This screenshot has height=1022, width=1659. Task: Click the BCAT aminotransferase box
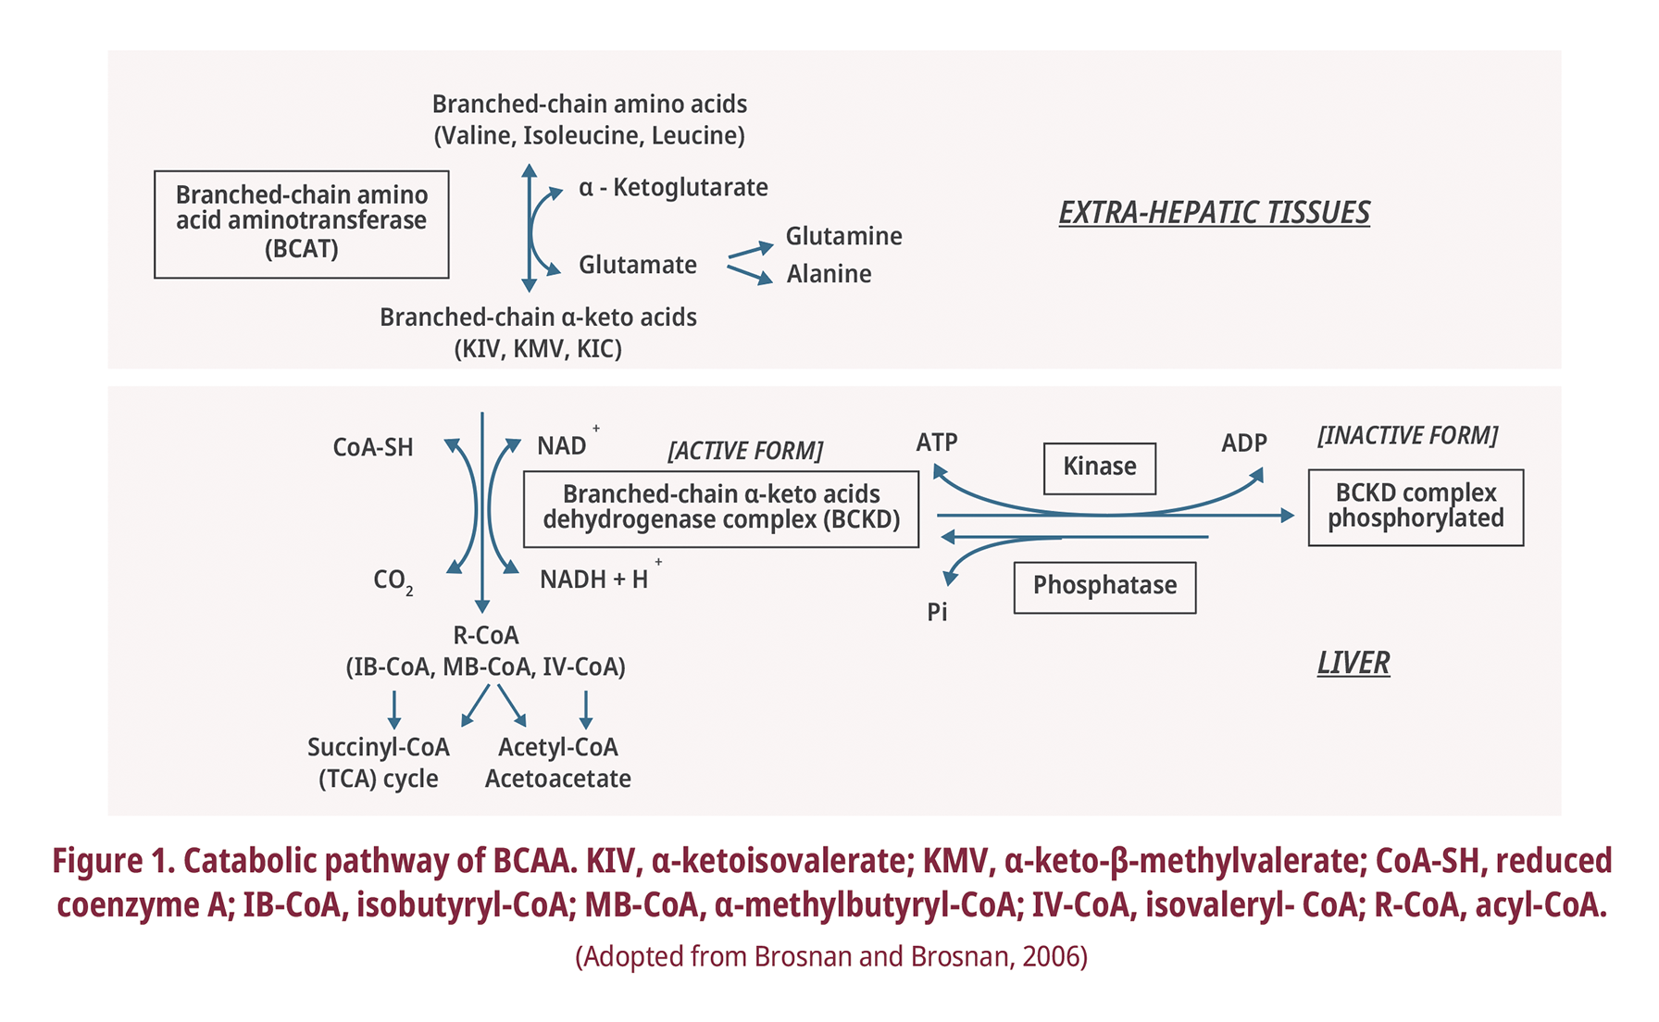[301, 223]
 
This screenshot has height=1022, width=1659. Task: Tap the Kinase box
[1099, 467]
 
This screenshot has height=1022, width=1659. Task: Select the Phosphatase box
[1104, 587]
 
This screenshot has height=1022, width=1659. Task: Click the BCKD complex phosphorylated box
[1416, 507]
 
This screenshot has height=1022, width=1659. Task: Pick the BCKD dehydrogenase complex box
[720, 508]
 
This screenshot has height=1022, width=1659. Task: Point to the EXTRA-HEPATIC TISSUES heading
[1214, 213]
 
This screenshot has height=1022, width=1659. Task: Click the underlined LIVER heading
[1353, 664]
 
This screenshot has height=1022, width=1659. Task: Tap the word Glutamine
[843, 237]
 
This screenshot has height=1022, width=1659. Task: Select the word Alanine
[829, 275]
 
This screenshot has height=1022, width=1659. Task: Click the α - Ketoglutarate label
[673, 188]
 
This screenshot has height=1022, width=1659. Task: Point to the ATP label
[937, 443]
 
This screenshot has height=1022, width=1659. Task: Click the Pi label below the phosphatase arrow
[937, 613]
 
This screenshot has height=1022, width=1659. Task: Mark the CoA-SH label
[372, 448]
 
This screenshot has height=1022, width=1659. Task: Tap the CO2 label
[392, 581]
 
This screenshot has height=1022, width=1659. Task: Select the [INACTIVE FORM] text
[1407, 436]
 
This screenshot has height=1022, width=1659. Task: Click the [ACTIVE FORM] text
[744, 452]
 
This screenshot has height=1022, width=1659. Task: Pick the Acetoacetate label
[557, 779]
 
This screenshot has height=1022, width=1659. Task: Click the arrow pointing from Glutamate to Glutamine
[750, 250]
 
